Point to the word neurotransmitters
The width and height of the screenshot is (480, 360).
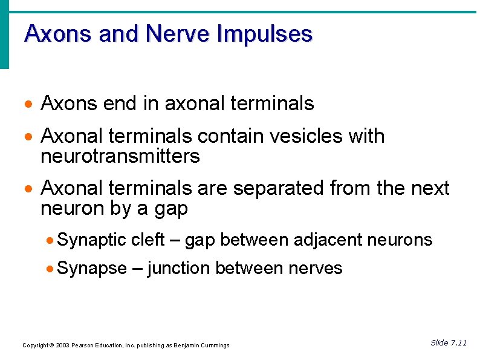[x=120, y=157]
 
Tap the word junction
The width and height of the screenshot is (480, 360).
[x=179, y=269]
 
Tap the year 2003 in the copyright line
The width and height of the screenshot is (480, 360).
[x=62, y=345]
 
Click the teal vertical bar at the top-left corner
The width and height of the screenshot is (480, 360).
[x=4, y=34]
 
